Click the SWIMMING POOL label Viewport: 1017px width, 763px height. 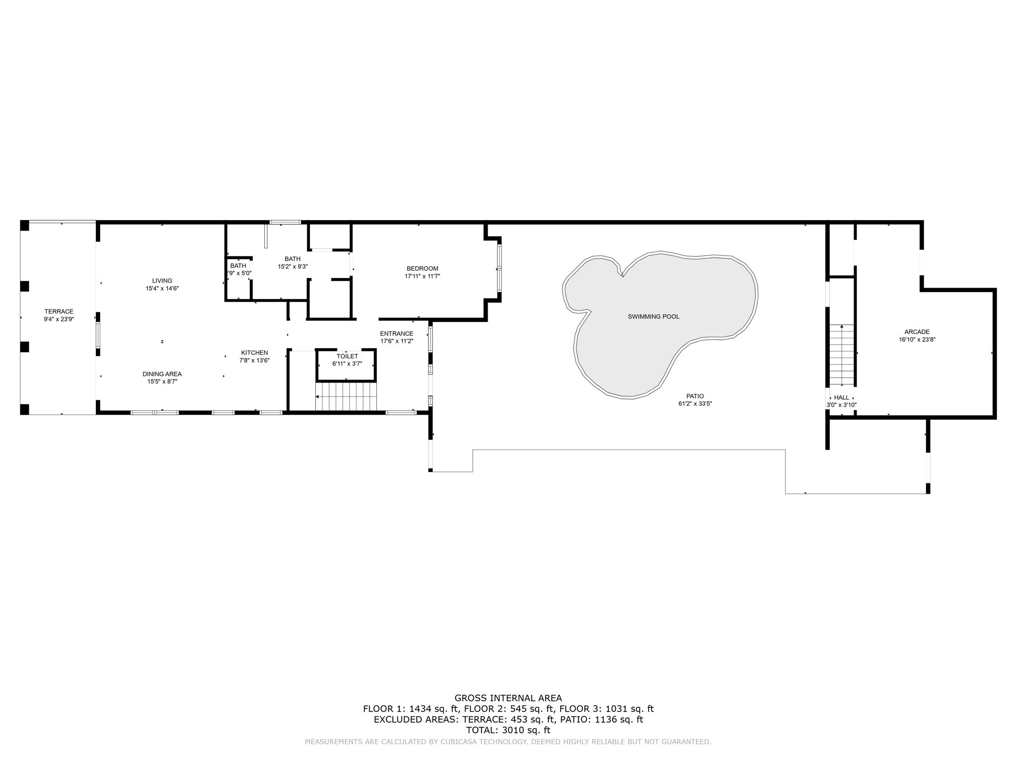pos(654,316)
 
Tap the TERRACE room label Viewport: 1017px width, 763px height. pos(59,311)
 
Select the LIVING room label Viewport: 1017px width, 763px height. pos(162,281)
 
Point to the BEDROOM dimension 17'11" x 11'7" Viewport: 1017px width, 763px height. pos(422,276)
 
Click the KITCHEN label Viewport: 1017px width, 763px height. pos(254,353)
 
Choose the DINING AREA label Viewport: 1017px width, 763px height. pos(162,374)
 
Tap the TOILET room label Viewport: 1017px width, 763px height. pos(347,356)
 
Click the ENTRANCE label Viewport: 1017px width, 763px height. pos(396,334)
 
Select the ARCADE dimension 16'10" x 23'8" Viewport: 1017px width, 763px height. pos(917,340)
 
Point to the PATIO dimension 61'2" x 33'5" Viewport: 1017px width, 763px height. pos(695,404)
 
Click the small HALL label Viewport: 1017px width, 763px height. pos(841,397)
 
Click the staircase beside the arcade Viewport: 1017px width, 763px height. pos(841,355)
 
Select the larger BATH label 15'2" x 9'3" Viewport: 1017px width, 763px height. pos(292,259)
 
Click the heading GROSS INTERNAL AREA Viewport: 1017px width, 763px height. pos(508,698)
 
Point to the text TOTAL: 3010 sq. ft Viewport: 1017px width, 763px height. pos(508,730)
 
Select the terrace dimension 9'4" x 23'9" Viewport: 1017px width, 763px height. pos(59,319)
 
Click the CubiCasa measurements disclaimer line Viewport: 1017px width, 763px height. pos(508,742)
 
